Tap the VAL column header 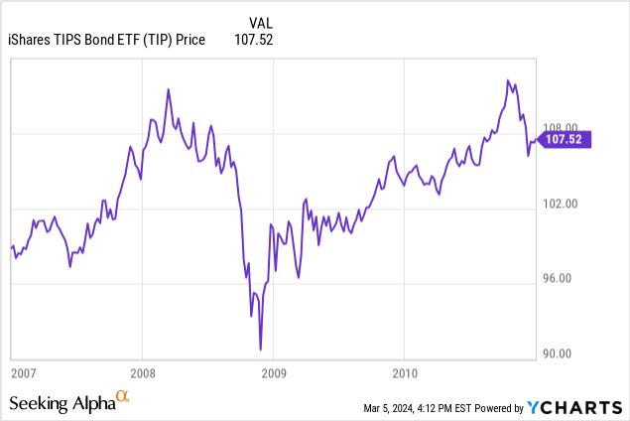click(259, 22)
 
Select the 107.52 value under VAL click(254, 40)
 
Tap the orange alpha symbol click(123, 396)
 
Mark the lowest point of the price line click(260, 350)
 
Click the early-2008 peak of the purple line click(168, 89)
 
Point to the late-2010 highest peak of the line click(508, 80)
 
